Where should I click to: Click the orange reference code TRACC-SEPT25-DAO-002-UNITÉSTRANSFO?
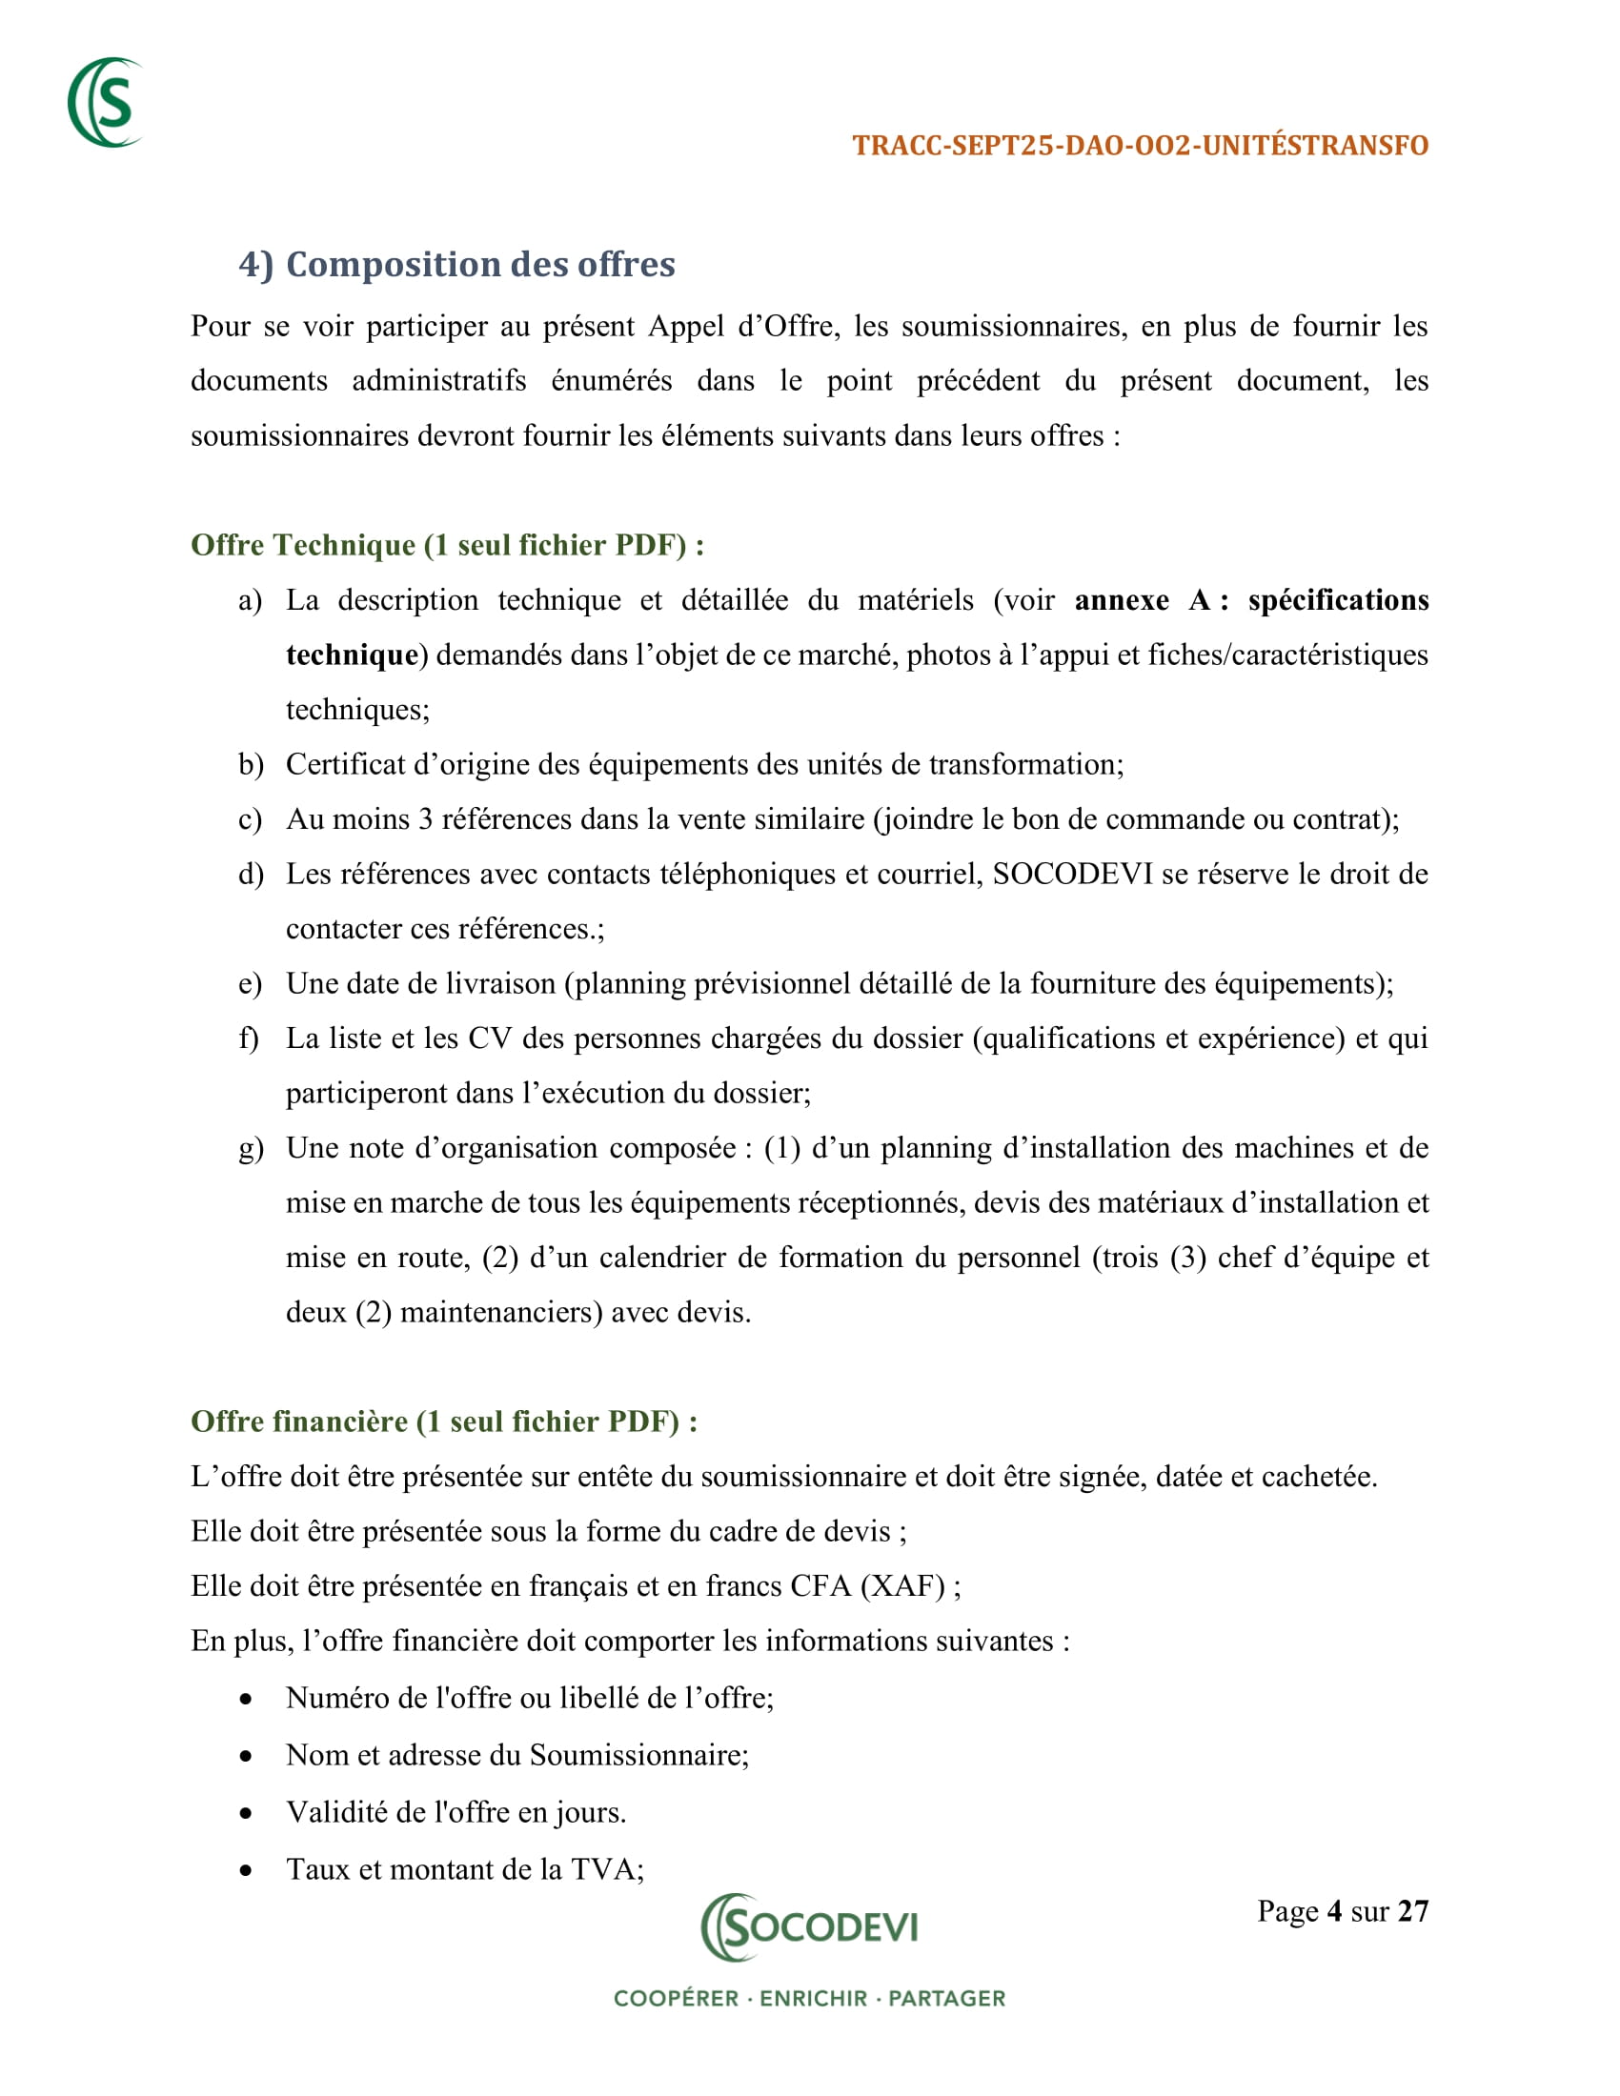[1140, 146]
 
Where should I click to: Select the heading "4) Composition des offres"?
[456, 264]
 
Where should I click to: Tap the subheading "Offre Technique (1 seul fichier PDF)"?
[447, 545]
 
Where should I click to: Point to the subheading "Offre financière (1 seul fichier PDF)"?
[443, 1421]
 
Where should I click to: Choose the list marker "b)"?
[251, 765]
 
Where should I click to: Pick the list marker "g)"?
[251, 1149]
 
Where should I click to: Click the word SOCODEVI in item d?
[1072, 875]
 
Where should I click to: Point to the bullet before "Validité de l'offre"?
[247, 1814]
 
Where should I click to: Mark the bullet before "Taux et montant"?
[247, 1870]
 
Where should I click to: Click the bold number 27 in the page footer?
[1412, 1912]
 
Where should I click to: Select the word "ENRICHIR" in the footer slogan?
[813, 1999]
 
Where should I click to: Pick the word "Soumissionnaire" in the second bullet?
[638, 1755]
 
